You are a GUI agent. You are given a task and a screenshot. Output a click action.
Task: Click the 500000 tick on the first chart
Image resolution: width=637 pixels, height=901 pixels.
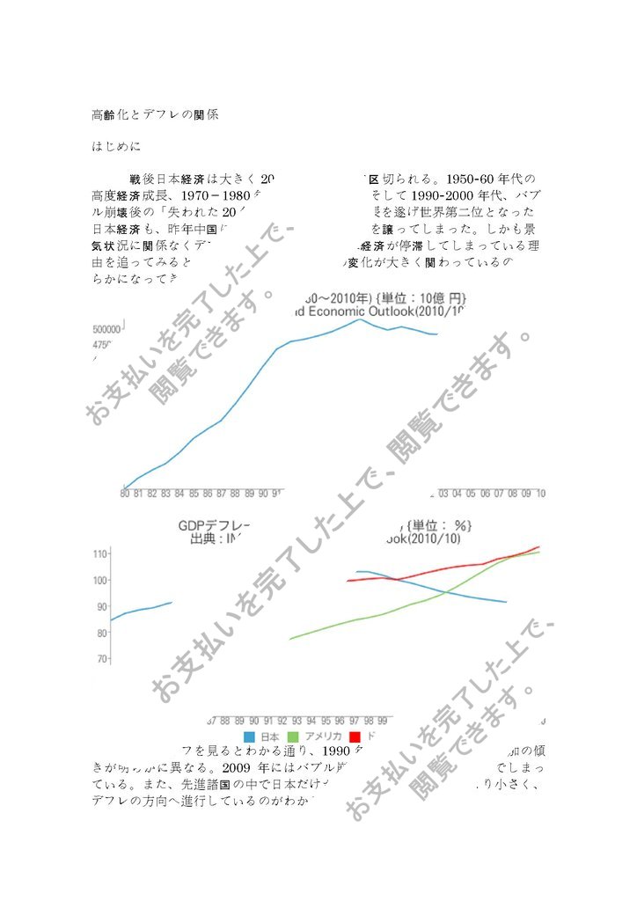tap(106, 328)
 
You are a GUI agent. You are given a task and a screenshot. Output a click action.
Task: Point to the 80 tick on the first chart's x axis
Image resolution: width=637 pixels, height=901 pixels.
tap(125, 494)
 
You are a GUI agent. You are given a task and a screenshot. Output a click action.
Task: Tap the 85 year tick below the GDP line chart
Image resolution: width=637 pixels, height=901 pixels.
tap(195, 494)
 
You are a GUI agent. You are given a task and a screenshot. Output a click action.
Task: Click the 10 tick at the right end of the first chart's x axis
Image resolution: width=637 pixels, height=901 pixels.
tap(540, 494)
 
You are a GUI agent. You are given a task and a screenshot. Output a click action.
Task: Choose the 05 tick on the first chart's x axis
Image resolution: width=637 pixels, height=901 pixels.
tap(472, 494)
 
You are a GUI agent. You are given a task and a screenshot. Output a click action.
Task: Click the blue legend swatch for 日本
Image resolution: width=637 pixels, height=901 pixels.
tap(249, 736)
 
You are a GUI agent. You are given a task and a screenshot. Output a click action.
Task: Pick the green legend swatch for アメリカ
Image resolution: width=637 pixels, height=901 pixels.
tap(294, 736)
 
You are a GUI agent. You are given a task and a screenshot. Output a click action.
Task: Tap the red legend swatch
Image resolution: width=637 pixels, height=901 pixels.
tap(355, 736)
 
